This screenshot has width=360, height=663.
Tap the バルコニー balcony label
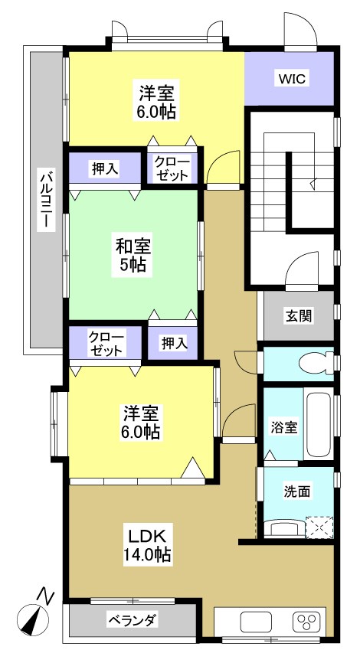click(x=45, y=198)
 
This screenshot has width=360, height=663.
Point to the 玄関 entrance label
click(x=299, y=315)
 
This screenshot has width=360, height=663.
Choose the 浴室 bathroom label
click(x=285, y=427)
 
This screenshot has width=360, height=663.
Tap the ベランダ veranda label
click(x=132, y=619)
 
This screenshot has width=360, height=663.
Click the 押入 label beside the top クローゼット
click(x=105, y=169)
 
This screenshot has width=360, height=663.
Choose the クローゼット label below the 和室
click(x=105, y=343)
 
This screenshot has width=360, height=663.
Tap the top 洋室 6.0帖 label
click(x=157, y=101)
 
